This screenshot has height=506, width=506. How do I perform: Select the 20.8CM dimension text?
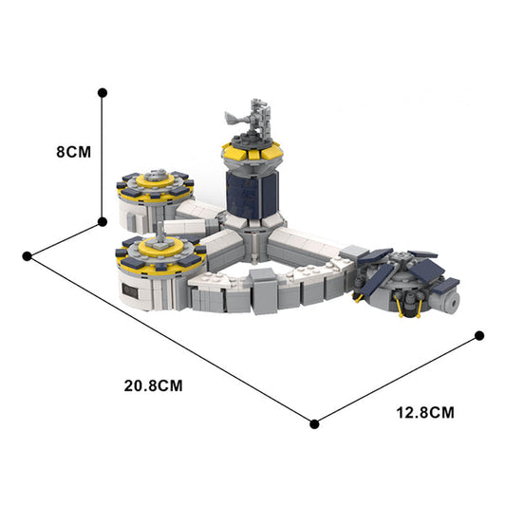pyautogui.click(x=153, y=385)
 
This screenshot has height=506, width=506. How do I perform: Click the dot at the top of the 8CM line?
pyautogui.click(x=103, y=92)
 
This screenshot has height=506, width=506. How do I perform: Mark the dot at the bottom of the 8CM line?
pyautogui.click(x=103, y=221)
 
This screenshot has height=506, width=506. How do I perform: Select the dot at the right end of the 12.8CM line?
pyautogui.click(x=479, y=335)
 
